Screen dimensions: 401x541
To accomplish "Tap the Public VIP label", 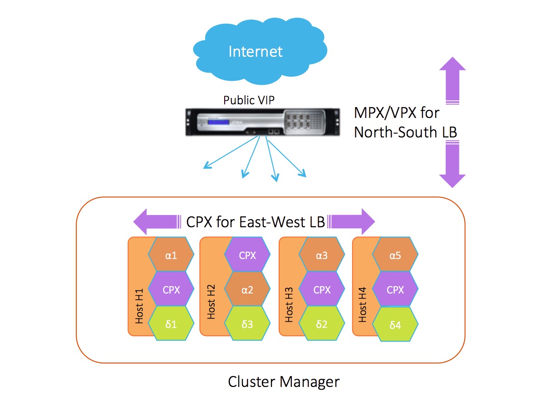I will pyautogui.click(x=249, y=100).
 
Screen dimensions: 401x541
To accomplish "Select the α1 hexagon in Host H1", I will pyautogui.click(x=171, y=255).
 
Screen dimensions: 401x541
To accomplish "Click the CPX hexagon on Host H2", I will pyautogui.click(x=247, y=255).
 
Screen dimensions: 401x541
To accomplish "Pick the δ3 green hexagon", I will pyautogui.click(x=247, y=324).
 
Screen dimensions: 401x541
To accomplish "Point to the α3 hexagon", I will pyautogui.click(x=322, y=255).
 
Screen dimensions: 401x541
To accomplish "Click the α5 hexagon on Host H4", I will pyautogui.click(x=395, y=255).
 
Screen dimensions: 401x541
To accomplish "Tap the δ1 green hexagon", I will pyautogui.click(x=171, y=324).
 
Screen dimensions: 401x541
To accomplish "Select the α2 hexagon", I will pyautogui.click(x=247, y=290).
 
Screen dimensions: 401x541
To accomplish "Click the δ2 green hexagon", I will pyautogui.click(x=322, y=324).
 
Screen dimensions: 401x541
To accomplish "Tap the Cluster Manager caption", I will pyautogui.click(x=283, y=381).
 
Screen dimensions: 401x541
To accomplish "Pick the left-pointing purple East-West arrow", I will pyautogui.click(x=155, y=222).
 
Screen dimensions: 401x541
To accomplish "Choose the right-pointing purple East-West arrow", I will pyautogui.click(x=352, y=222).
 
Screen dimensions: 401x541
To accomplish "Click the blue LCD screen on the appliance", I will pyautogui.click(x=216, y=124).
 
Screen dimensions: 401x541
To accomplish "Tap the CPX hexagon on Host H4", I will pyautogui.click(x=395, y=290).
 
